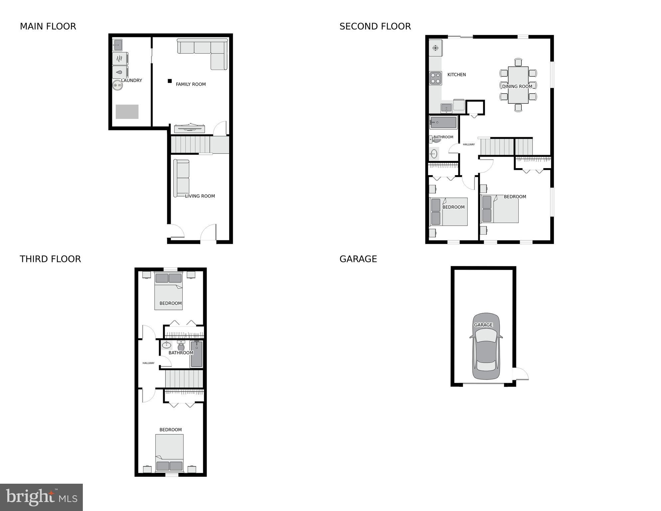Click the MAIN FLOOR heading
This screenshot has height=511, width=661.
pyautogui.click(x=48, y=26)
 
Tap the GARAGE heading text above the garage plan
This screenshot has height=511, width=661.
pyautogui.click(x=358, y=259)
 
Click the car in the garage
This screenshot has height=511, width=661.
pyautogui.click(x=486, y=346)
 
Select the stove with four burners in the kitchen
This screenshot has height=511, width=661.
pyautogui.click(x=435, y=78)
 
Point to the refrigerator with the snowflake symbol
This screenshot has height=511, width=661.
pyautogui.click(x=435, y=48)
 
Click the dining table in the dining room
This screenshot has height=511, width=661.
pyautogui.click(x=518, y=85)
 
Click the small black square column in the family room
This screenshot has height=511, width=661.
pyautogui.click(x=170, y=81)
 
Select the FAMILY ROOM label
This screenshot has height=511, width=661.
pyautogui.click(x=191, y=84)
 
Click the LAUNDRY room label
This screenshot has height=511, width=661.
pyautogui.click(x=131, y=81)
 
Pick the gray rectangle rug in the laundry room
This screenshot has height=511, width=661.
pyautogui.click(x=127, y=112)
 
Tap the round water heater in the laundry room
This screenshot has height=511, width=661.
pyautogui.click(x=117, y=86)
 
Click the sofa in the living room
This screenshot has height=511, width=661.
pyautogui.click(x=181, y=178)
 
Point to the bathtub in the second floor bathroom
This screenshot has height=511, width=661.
pyautogui.click(x=443, y=123)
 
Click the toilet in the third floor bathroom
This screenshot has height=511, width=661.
pyautogui.click(x=181, y=347)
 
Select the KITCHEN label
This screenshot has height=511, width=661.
pyautogui.click(x=456, y=75)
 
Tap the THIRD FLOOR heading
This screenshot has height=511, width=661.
pyautogui.click(x=50, y=259)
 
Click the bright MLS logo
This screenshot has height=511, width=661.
pyautogui.click(x=41, y=497)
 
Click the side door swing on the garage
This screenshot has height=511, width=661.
pyautogui.click(x=521, y=374)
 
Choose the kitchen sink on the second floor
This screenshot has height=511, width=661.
pyautogui.click(x=446, y=108)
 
